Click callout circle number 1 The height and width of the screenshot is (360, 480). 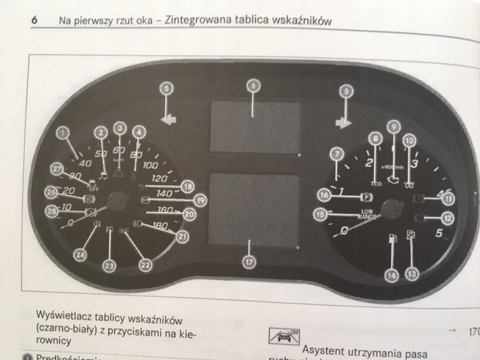tap(63, 135)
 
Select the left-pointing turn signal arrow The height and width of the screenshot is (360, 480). tap(169, 117)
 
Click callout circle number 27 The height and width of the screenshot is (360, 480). tap(55, 169)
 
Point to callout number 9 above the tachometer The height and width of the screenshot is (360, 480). tap(393, 127)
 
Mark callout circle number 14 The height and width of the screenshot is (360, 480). tap(391, 276)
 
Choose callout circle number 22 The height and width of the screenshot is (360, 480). tap(145, 264)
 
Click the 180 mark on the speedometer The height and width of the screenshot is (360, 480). tap(159, 226)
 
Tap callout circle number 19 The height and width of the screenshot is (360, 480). tap(199, 200)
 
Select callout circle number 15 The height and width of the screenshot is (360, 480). tap(319, 215)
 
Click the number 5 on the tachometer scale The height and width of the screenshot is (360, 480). tap(439, 233)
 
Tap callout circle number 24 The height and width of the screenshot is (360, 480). tap(79, 255)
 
